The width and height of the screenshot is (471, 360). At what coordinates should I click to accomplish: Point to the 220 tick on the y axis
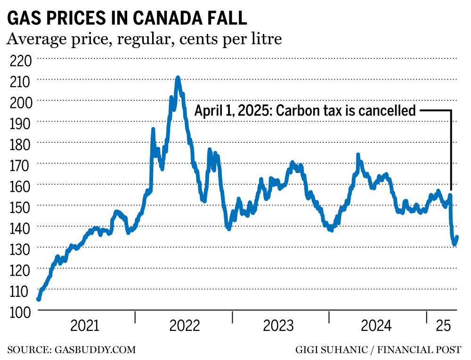(20, 60)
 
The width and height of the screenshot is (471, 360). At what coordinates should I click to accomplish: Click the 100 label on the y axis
(20, 311)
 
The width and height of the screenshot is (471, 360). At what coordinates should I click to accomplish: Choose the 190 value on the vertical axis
(20, 123)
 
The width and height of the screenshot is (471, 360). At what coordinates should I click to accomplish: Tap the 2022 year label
(185, 326)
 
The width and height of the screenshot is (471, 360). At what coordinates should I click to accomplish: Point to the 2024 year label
(375, 326)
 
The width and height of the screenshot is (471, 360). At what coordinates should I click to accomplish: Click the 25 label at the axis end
(443, 326)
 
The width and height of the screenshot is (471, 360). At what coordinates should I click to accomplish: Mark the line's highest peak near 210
(178, 77)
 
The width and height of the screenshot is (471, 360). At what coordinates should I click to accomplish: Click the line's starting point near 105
(39, 299)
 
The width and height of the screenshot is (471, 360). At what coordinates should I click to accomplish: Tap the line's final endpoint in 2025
(457, 237)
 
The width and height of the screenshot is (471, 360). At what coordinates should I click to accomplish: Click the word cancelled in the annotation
(387, 111)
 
